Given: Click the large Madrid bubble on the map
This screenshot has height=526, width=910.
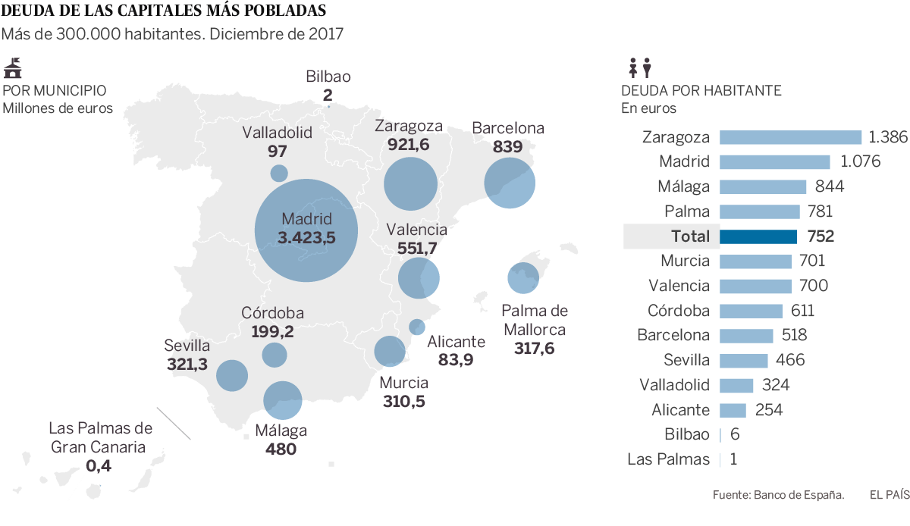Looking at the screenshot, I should point(306,230).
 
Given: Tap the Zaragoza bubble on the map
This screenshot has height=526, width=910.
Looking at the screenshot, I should point(411,183).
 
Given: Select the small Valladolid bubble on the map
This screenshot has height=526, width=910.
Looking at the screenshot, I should point(279,173).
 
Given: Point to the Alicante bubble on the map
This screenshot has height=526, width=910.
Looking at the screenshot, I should point(416,327).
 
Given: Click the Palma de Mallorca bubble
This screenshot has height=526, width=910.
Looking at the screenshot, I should point(522,277).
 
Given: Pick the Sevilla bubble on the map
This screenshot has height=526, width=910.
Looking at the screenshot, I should point(232,375).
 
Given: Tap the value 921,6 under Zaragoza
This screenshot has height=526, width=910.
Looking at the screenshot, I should point(408,144).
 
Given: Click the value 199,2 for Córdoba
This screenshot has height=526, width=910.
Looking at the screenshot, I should point(272,331).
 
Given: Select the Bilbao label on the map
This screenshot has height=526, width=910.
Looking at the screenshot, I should point(328,77).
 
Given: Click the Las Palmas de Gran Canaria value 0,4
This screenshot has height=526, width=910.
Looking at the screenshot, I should point(99,465).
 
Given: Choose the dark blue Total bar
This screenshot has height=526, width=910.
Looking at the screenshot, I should point(758,236).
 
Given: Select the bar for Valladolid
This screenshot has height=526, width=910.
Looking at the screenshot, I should point(736,385).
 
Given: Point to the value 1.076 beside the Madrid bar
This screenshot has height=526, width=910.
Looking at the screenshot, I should point(855,162).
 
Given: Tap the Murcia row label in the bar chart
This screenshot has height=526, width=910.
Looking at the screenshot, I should point(685,261).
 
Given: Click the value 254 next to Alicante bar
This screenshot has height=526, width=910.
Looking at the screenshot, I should point(769,410).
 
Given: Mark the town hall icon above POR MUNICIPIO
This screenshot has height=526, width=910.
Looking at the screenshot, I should point(13,68).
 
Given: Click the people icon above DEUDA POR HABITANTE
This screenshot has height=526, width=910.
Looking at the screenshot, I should point(640,69).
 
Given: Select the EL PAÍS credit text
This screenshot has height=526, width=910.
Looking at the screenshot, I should point(889,495).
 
